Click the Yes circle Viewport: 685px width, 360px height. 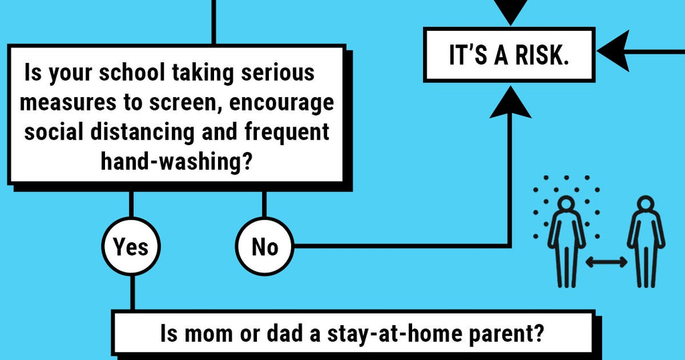pyautogui.click(x=130, y=247)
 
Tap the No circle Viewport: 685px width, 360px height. pyautogui.click(x=265, y=247)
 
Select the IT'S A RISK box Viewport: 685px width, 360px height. pyautogui.click(x=509, y=56)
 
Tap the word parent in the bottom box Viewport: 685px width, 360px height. pyautogui.click(x=508, y=333)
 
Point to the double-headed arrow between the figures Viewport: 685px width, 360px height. pyautogui.click(x=607, y=262)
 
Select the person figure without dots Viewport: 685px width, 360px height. pyautogui.click(x=646, y=240)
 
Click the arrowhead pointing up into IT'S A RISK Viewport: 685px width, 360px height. pyautogui.click(x=510, y=101)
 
